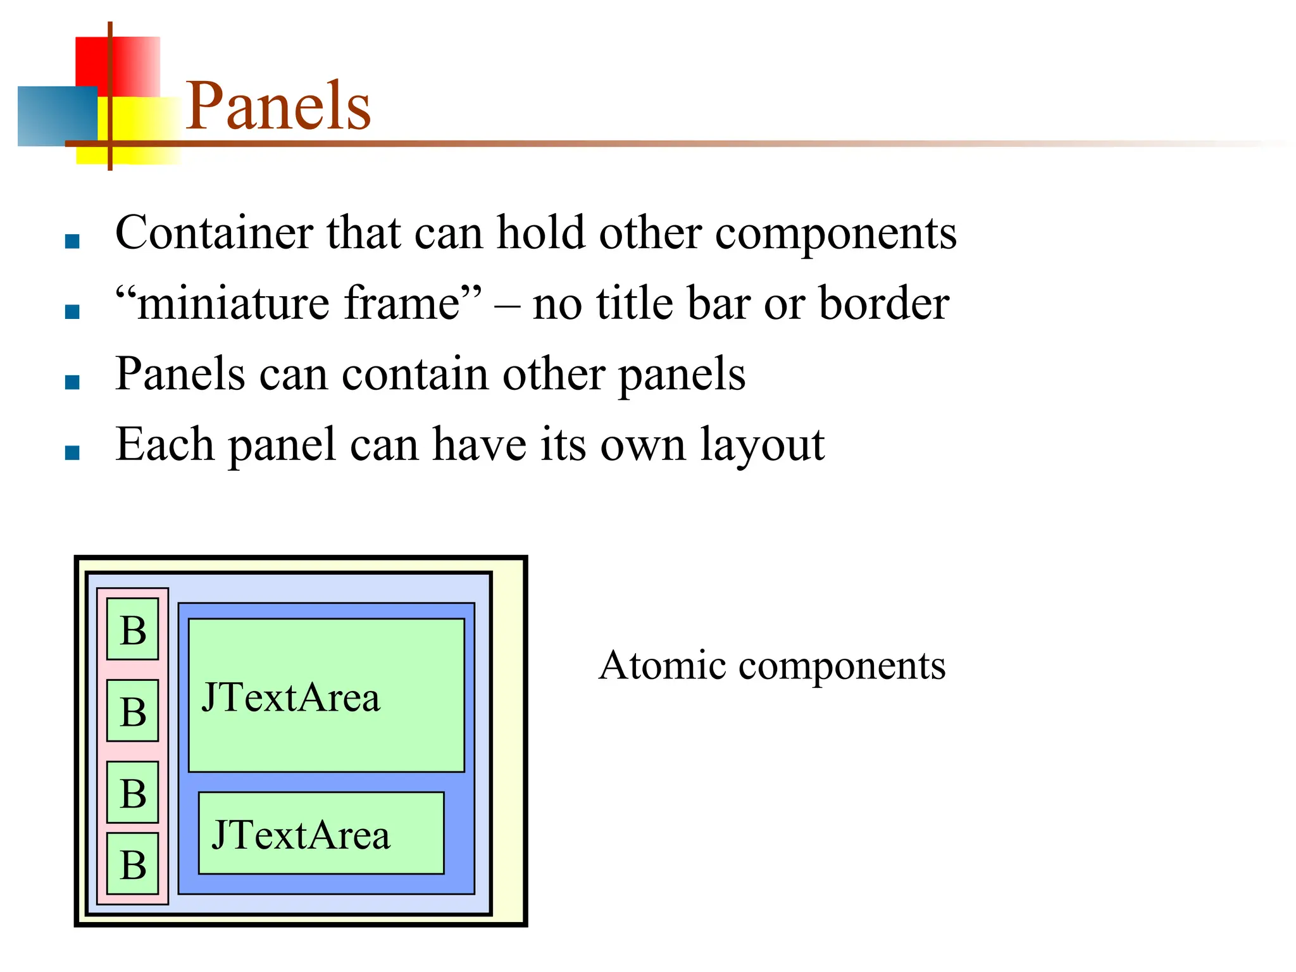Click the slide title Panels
pos(278,106)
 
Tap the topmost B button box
pos(133,630)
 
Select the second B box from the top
pos(133,711)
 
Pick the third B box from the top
pos(133,792)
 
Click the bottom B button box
pos(133,864)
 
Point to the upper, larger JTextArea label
pos(291,697)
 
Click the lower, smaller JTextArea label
pos(301,835)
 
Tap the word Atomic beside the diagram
pos(662,666)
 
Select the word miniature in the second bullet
pos(235,304)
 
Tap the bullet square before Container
pos(73,241)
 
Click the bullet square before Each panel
pos(73,452)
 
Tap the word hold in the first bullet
pos(540,233)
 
